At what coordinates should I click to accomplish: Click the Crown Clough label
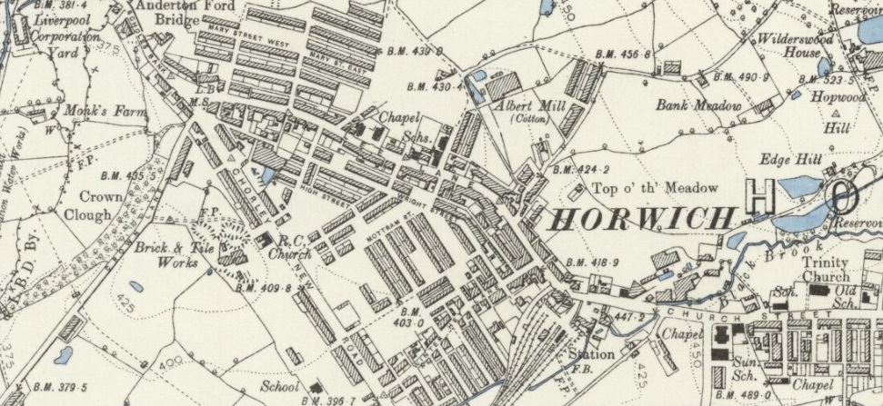click(100, 205)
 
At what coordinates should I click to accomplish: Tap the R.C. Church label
click(290, 248)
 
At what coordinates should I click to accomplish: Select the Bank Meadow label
click(698, 106)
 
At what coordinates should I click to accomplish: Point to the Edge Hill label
click(793, 160)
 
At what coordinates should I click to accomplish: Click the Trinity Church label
click(825, 270)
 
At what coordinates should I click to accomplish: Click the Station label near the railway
click(590, 353)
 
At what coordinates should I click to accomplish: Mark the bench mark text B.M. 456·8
click(624, 55)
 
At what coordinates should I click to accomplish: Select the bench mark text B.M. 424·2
click(582, 169)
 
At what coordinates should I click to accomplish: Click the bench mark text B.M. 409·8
click(263, 288)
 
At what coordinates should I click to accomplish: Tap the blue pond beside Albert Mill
click(478, 76)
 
